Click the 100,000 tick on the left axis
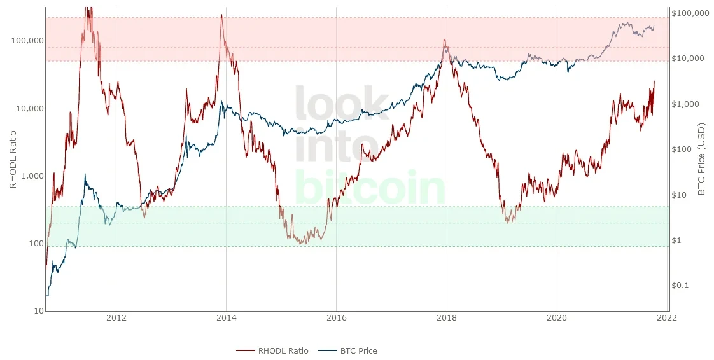27,41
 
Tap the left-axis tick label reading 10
38,311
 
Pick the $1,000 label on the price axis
685,104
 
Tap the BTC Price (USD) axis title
701,159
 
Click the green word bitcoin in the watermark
370,188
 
